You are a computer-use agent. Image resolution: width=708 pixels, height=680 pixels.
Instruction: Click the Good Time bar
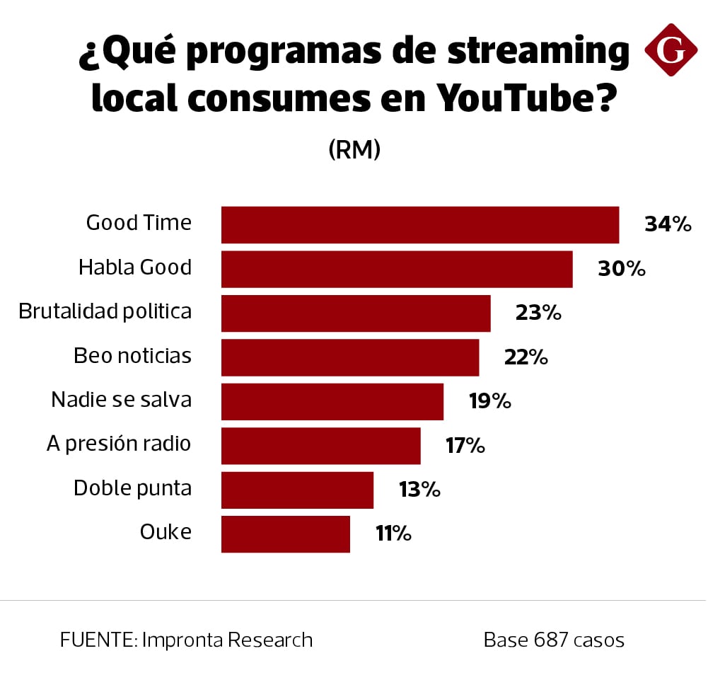click(420, 225)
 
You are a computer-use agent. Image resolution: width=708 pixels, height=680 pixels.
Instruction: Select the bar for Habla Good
click(397, 269)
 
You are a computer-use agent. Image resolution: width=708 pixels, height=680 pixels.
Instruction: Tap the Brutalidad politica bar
click(356, 313)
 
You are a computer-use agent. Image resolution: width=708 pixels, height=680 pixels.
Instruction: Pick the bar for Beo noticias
click(350, 357)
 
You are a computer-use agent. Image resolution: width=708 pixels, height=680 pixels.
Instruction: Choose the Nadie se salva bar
click(332, 402)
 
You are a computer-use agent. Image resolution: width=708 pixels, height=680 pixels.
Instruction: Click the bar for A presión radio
click(321, 446)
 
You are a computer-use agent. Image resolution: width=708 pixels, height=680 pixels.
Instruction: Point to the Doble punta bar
click(297, 490)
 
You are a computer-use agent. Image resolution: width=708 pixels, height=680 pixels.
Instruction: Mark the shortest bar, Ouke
click(286, 534)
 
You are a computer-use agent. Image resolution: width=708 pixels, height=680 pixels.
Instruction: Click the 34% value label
click(667, 225)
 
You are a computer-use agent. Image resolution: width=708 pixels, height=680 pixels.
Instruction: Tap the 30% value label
click(622, 269)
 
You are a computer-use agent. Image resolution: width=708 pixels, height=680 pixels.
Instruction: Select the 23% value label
click(538, 313)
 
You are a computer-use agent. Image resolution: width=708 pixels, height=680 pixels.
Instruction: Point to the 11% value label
click(393, 534)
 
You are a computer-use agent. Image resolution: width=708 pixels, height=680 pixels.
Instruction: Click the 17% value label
click(465, 446)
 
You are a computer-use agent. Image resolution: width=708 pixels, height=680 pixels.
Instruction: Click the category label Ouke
click(166, 532)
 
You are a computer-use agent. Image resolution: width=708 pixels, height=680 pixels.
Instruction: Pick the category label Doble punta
click(132, 488)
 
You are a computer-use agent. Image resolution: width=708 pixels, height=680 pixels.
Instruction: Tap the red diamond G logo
click(671, 50)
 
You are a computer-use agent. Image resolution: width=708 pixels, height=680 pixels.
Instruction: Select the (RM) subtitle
click(354, 149)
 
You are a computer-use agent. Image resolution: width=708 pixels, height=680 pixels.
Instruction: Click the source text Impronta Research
click(227, 640)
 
